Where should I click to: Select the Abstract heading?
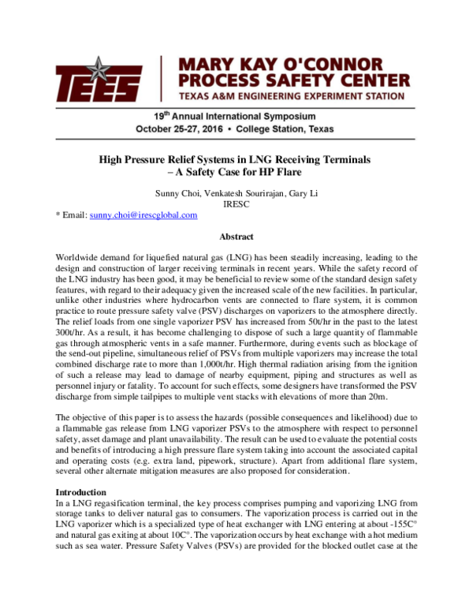(236, 237)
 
